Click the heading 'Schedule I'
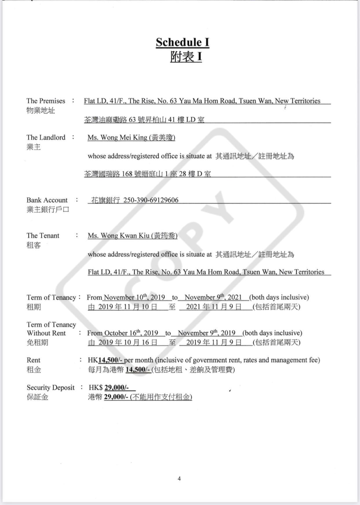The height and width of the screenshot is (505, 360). pos(182,42)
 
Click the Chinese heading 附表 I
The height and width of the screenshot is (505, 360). pos(186,57)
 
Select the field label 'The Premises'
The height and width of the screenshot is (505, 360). pos(46,101)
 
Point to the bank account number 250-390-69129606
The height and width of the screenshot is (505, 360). pos(151,200)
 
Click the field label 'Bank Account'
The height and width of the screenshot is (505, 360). pos(47,200)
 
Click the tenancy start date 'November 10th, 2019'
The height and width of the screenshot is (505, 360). pos(134,298)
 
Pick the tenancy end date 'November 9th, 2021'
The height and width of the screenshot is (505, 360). pos(213,298)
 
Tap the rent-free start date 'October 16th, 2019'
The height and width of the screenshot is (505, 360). pos(131,333)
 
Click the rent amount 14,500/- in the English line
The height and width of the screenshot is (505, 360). pos(110,360)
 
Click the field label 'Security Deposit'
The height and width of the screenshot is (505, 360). pos(51,388)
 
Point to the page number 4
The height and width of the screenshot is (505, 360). pos(179,479)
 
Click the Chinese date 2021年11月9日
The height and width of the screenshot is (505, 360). pos(214,307)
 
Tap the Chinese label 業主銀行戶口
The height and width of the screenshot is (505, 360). pos(48,209)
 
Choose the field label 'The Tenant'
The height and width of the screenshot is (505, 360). pos(43,236)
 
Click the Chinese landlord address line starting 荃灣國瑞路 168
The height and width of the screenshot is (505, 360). pos(148,174)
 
